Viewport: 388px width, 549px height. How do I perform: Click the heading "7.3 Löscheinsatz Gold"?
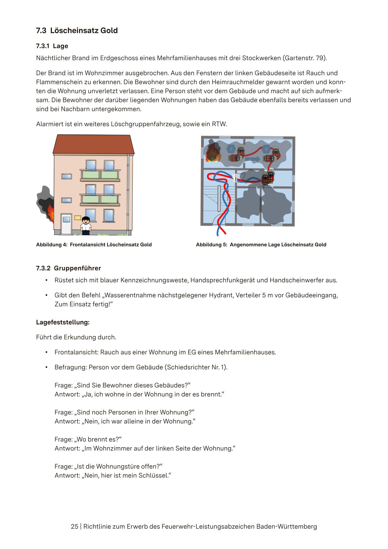pyautogui.click(x=77, y=30)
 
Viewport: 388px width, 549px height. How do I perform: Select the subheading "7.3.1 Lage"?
pyautogui.click(x=52, y=46)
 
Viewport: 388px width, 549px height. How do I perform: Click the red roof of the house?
pyautogui.click(x=93, y=144)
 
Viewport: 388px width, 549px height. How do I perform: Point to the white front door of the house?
pyautogui.click(x=66, y=224)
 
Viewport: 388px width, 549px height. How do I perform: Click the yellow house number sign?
pyautogui.click(x=77, y=218)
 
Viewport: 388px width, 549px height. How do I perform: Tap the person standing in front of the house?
pyautogui.click(x=86, y=226)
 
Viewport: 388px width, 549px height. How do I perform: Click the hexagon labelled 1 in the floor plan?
pyautogui.click(x=231, y=149)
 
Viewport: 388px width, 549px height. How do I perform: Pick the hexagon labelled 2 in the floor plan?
pyautogui.click(x=266, y=149)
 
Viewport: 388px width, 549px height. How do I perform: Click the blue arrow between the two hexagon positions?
pyautogui.click(x=252, y=159)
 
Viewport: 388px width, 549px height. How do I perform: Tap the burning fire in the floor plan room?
pyautogui.click(x=213, y=153)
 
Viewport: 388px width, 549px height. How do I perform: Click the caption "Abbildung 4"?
pyautogui.click(x=52, y=245)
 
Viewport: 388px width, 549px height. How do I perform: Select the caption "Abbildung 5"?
pyautogui.click(x=211, y=245)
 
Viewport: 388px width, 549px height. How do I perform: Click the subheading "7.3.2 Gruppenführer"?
pyautogui.click(x=68, y=268)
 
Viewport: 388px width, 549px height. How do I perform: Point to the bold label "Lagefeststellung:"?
pyautogui.click(x=63, y=322)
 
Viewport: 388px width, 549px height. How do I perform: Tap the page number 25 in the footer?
pyautogui.click(x=74, y=526)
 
